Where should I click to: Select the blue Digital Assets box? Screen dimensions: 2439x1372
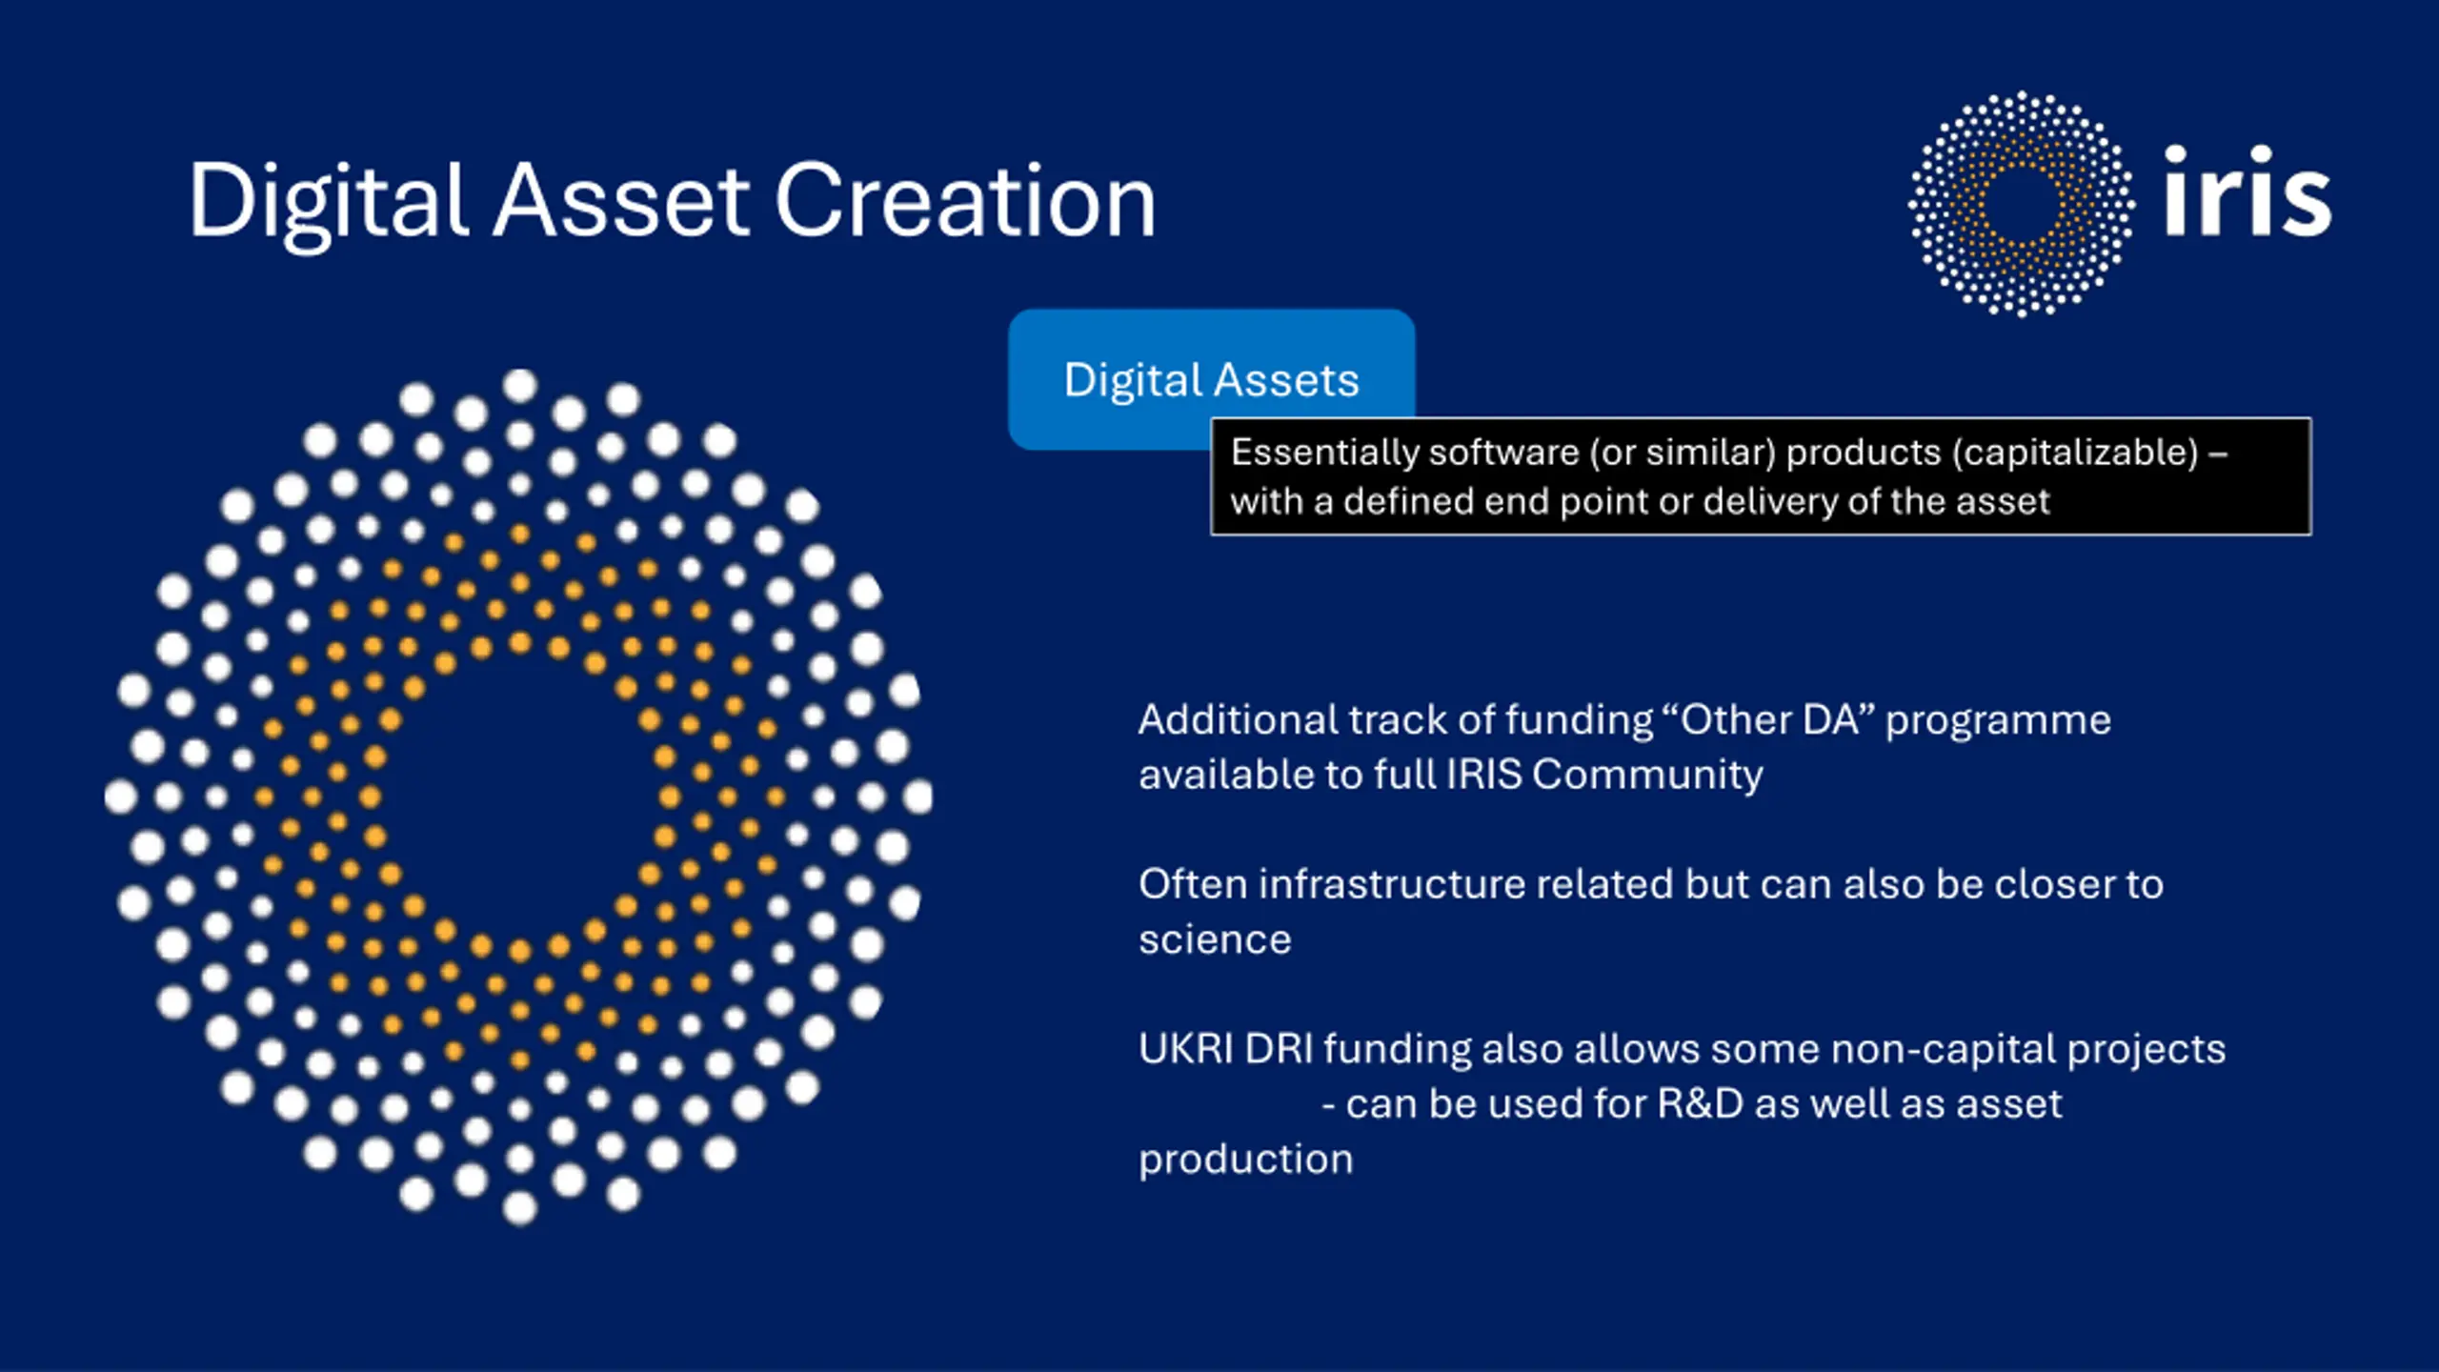tap(1212, 378)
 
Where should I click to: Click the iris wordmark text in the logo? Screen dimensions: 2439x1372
tap(2247, 191)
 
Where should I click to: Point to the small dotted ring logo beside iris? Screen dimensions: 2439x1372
tap(2021, 203)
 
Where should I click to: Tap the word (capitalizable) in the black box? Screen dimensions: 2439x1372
tap(2074, 453)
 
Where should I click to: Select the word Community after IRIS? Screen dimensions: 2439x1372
tap(1648, 775)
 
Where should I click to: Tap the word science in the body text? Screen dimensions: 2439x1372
tap(1215, 940)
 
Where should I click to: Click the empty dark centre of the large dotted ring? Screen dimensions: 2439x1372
tap(519, 797)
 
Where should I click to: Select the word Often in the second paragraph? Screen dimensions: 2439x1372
tap(1193, 884)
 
